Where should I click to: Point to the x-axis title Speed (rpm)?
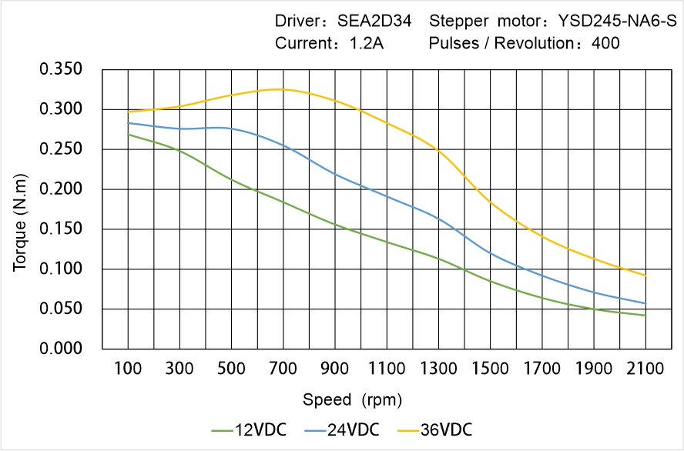point(352,400)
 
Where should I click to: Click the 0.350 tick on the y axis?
point(60,70)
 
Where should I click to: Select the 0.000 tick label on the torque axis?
point(60,349)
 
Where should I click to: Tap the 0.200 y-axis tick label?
point(60,189)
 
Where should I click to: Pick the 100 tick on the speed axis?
point(128,369)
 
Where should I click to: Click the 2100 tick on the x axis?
point(645,369)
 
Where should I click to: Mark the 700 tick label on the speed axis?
point(283,369)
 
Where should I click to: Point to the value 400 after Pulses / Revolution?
point(605,44)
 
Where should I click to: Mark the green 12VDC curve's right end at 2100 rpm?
point(645,316)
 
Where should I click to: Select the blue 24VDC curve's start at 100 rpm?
point(128,123)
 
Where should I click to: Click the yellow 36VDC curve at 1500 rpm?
point(490,202)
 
